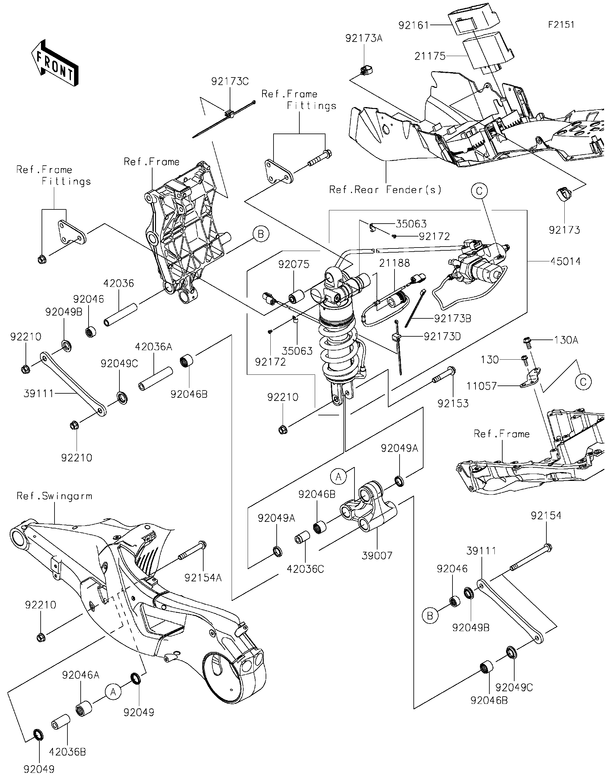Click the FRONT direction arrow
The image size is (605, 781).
tap(55, 63)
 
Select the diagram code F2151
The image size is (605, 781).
tap(561, 25)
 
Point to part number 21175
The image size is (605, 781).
tap(430, 56)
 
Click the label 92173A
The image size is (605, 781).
tap(364, 38)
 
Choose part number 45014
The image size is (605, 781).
tap(565, 261)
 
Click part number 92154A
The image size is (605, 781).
tap(203, 578)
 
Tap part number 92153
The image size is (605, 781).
tap(453, 403)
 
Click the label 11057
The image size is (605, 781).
tap(481, 386)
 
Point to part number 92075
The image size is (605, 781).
tap(294, 264)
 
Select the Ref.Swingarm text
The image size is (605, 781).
tap(55, 496)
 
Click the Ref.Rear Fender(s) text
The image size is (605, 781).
tap(385, 190)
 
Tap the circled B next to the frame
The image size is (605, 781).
tap(261, 234)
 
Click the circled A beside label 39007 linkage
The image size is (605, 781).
tap(338, 476)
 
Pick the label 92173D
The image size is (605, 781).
tap(442, 337)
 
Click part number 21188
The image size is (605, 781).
tap(395, 263)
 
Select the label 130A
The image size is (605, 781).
tap(566, 340)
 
